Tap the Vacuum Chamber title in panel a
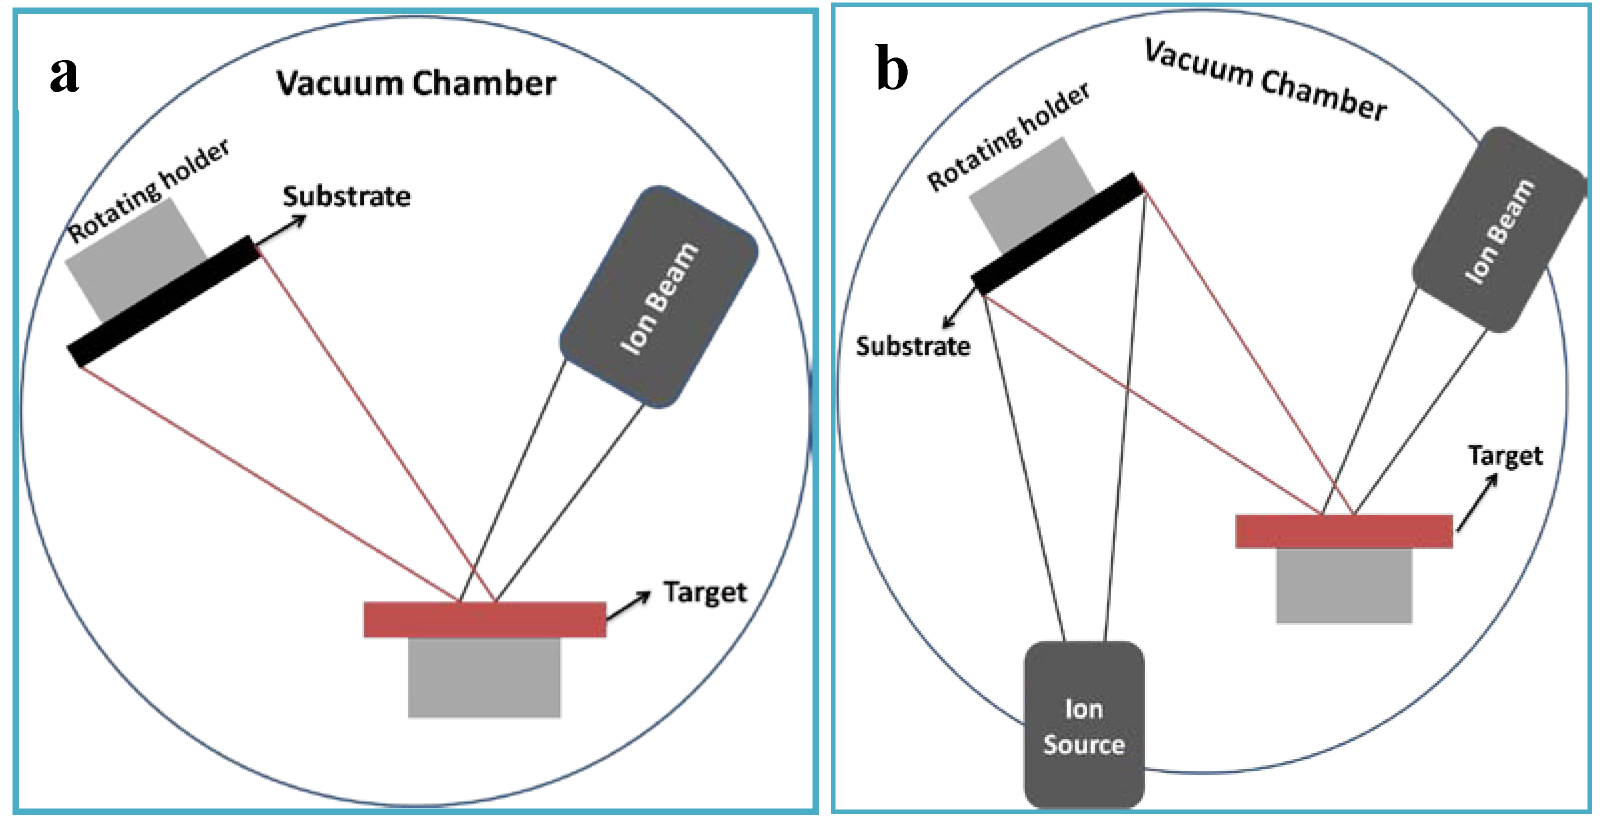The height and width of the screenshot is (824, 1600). (416, 84)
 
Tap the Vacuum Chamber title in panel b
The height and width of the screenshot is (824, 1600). (1266, 80)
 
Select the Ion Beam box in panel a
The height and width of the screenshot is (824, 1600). (659, 297)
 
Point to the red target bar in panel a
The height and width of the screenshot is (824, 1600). (484, 620)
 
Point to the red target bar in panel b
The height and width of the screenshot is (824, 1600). (1343, 531)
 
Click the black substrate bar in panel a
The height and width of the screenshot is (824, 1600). (164, 301)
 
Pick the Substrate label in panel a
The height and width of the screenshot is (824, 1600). (347, 197)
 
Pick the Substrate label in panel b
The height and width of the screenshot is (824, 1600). (913, 346)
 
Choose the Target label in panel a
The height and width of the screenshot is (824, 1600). (705, 593)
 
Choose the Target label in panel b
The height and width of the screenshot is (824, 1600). (1505, 456)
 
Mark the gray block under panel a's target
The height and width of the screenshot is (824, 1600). (484, 677)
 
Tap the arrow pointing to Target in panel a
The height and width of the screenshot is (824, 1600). (628, 605)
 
